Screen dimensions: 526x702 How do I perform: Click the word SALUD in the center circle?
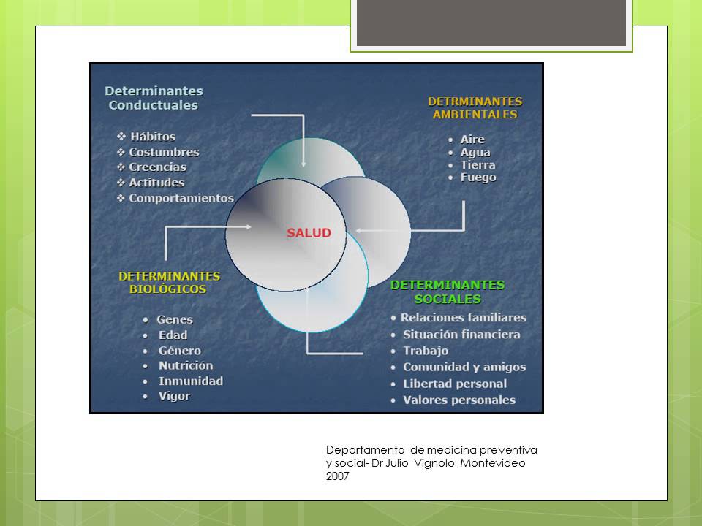coord(308,233)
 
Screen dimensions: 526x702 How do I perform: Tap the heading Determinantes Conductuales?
coord(154,98)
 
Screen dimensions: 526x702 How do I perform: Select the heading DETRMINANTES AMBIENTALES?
coord(475,107)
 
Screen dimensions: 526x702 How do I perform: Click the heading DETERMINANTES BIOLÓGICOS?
coord(169,283)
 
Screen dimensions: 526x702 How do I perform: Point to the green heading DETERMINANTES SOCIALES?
coord(448,291)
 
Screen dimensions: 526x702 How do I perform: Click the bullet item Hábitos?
coord(152,137)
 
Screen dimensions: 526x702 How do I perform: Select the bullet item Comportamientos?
coord(181,198)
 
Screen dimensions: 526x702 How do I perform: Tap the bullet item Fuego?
coord(478,178)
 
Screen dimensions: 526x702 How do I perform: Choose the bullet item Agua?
coord(475,152)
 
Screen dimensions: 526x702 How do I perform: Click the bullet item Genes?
coord(175,319)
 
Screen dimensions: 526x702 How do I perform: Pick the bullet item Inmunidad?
coord(191,381)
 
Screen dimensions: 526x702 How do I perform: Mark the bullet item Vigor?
coord(174,396)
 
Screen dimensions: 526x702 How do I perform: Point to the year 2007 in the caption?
coord(338,476)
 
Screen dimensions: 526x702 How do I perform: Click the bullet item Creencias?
coord(157,167)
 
